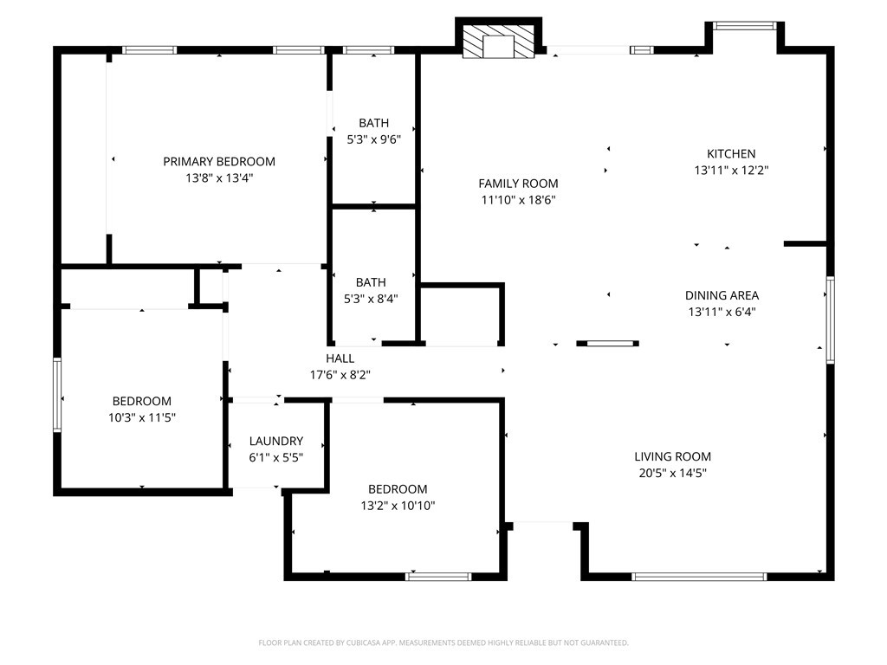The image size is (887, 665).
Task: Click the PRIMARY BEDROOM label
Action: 219,162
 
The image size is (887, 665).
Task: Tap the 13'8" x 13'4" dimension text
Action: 219,178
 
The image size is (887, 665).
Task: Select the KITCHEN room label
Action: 731,154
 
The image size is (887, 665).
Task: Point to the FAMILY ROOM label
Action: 518,184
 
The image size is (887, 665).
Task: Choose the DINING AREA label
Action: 722,295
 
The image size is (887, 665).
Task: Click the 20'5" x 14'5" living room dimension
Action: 672,474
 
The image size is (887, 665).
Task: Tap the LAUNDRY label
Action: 276,441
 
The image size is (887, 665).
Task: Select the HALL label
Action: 340,358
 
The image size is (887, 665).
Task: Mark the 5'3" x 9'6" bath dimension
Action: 374,139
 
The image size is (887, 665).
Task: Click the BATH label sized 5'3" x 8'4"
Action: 371,282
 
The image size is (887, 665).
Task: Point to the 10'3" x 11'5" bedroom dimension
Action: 142,418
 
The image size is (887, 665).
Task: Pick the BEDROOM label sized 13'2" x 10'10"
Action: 398,489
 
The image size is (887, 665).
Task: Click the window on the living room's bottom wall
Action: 699,577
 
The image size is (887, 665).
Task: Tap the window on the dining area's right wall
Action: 830,320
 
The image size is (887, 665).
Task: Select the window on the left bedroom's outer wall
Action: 57,395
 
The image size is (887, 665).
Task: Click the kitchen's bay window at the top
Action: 743,25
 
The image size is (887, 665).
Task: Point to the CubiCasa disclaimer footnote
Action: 443,643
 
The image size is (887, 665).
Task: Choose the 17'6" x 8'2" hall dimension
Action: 340,375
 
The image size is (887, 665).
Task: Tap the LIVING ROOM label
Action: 672,457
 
